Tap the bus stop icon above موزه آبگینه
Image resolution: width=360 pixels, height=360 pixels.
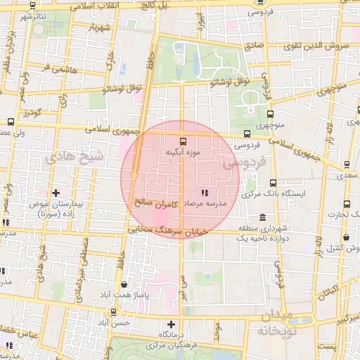tap(184, 141)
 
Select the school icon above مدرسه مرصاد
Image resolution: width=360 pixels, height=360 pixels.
tap(204, 192)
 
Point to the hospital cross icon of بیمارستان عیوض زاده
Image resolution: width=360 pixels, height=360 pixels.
tap(56, 191)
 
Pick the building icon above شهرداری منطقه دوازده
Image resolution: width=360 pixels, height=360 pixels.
tap(262, 217)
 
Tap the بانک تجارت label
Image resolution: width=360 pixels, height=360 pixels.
tap(347, 214)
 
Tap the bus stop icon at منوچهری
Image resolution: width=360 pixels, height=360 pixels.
tap(271, 114)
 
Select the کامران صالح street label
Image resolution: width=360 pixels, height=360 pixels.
tap(153, 203)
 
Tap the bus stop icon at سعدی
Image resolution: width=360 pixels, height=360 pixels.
tap(347, 165)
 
